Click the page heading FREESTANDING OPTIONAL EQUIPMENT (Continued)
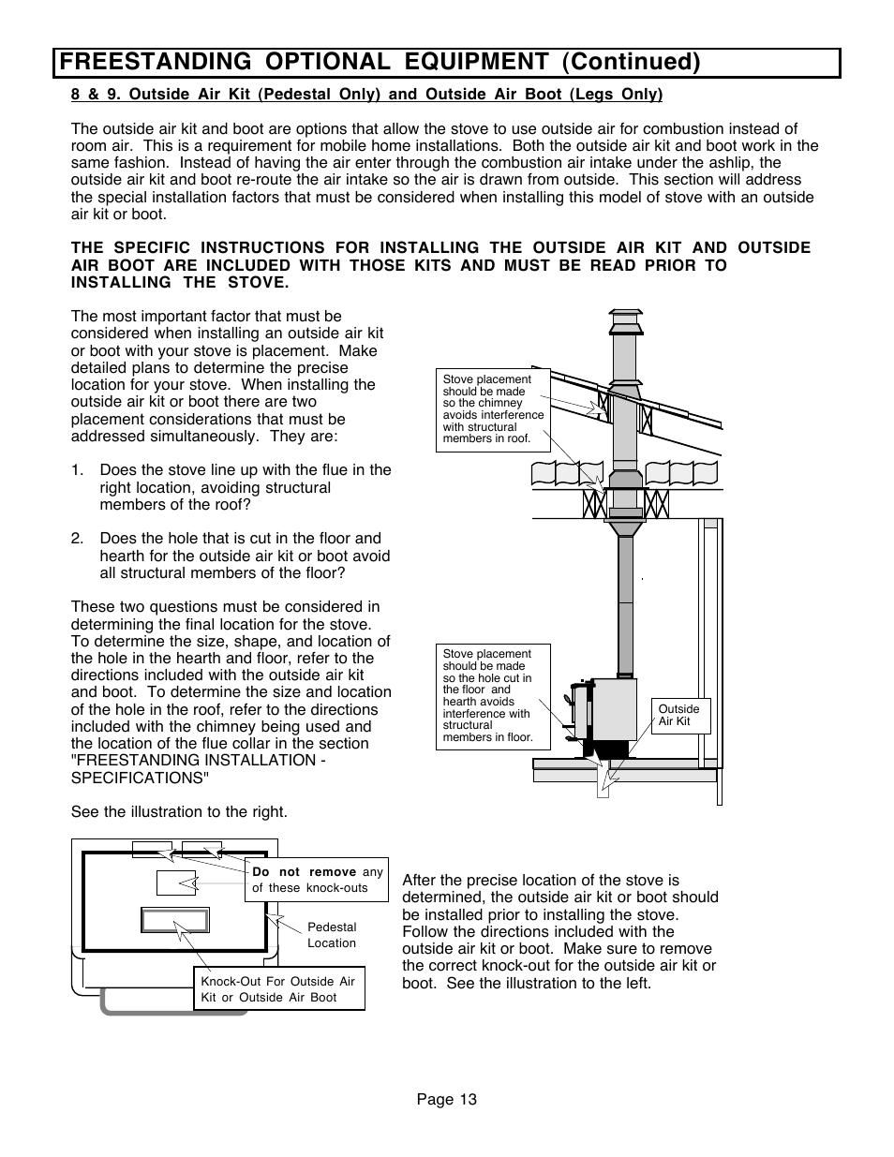pyautogui.click(x=379, y=62)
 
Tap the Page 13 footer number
pyautogui.click(x=447, y=1100)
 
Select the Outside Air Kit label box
pyautogui.click(x=680, y=716)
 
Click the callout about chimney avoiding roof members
pyautogui.click(x=492, y=408)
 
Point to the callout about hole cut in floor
pyautogui.click(x=493, y=695)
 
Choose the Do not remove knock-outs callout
pyautogui.click(x=317, y=880)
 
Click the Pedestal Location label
pyautogui.click(x=332, y=935)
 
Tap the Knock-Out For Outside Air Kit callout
pyautogui.click(x=278, y=989)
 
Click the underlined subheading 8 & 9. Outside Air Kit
pyautogui.click(x=366, y=95)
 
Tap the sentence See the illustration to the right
pyautogui.click(x=179, y=812)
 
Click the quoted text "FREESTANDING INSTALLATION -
pyautogui.click(x=199, y=761)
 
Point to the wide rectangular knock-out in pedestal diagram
pyautogui.click(x=174, y=920)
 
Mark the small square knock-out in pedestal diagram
pyautogui.click(x=175, y=883)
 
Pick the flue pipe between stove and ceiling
pyautogui.click(x=625, y=600)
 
